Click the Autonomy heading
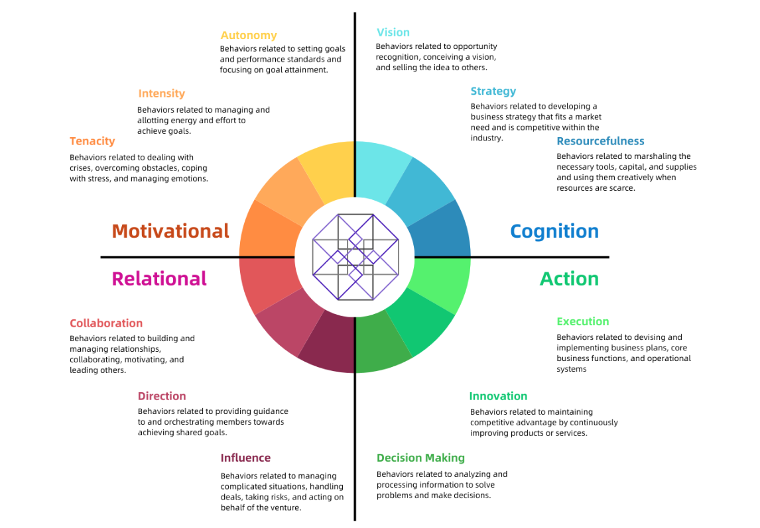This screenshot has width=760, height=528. [249, 35]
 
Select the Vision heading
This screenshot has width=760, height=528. [393, 32]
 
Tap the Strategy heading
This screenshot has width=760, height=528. [493, 91]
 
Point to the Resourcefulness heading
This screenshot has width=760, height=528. [600, 141]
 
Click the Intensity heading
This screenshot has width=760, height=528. [161, 93]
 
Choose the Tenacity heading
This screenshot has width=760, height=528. [92, 141]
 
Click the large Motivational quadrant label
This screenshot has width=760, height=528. [170, 231]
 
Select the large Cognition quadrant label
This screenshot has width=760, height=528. [554, 232]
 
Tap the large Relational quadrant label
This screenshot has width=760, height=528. [159, 278]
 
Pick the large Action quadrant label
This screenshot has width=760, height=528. [569, 278]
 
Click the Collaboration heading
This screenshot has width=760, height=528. [106, 323]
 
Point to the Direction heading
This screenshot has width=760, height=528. [162, 396]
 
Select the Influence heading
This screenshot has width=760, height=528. [245, 458]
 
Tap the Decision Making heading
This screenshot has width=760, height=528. [420, 458]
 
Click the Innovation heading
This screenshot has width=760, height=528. [498, 396]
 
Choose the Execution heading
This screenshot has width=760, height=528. [583, 322]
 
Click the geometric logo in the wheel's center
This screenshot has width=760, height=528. [355, 257]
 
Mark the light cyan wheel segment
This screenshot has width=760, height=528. [381, 170]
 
